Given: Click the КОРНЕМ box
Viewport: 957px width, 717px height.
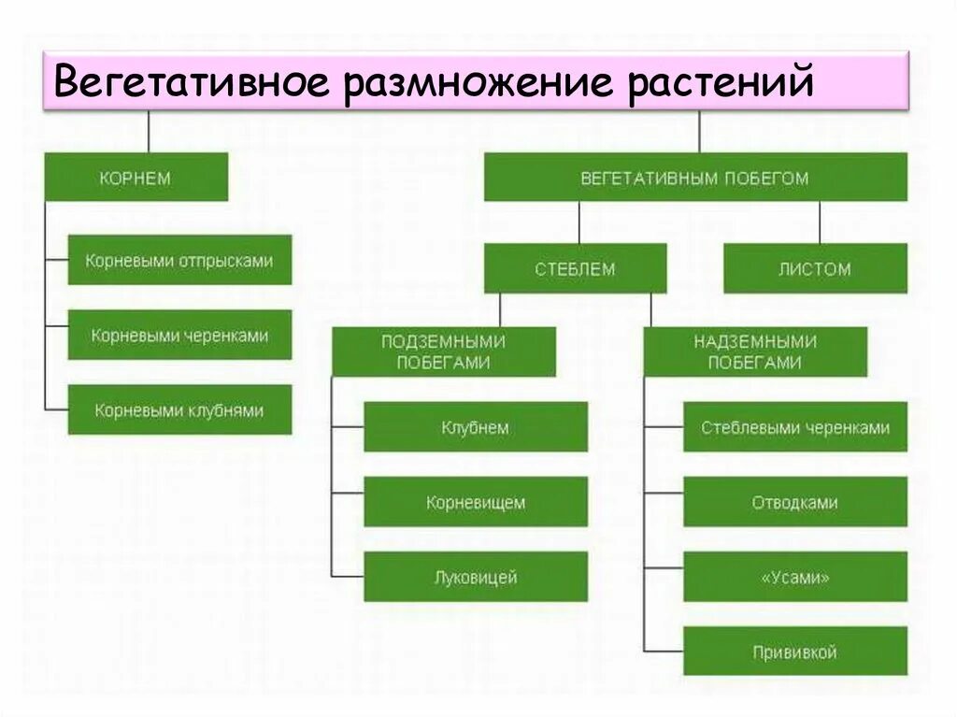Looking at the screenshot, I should click(x=136, y=178).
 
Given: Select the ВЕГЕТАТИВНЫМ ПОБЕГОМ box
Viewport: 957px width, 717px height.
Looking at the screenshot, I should click(x=694, y=178).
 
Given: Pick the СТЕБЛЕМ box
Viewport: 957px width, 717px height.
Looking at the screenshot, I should click(x=575, y=269).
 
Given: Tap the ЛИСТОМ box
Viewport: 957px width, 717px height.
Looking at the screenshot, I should click(x=815, y=269).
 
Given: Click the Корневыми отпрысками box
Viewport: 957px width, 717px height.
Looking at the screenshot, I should click(x=179, y=261).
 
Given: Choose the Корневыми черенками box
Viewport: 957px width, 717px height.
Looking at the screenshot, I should click(x=179, y=335).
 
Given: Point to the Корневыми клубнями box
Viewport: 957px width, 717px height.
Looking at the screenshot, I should click(x=179, y=409).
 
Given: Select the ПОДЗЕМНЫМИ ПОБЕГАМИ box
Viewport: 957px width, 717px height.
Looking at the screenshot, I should click(x=444, y=351).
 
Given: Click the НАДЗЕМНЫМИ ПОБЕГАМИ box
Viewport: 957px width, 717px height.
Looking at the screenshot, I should click(x=755, y=351).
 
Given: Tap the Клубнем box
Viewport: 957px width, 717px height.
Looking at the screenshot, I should click(x=476, y=427).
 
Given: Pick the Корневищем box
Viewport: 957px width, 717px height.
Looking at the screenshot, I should click(x=476, y=502).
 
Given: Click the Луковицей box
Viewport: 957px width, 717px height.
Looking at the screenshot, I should click(x=476, y=577).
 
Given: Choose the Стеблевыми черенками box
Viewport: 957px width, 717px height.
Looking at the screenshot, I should click(x=795, y=427).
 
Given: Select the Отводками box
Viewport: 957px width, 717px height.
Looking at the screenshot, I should click(x=795, y=502).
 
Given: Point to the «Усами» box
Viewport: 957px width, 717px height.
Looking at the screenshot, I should click(x=795, y=577).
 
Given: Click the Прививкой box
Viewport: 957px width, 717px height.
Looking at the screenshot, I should click(x=795, y=652).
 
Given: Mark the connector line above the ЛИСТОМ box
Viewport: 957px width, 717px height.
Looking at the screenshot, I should click(x=821, y=222).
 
